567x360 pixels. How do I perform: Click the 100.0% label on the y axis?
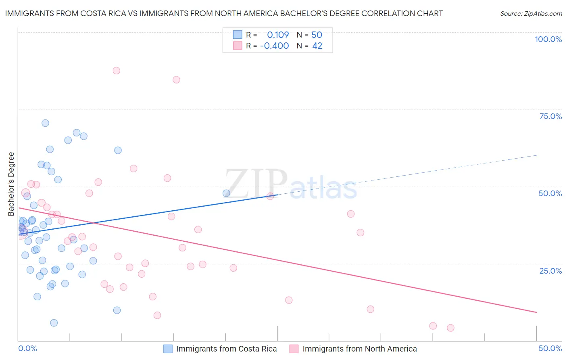548,39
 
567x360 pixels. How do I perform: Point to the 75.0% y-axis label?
550,116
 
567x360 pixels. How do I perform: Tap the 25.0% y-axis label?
550,271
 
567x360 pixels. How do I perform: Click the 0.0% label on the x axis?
27,349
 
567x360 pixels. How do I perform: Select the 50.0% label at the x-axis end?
550,349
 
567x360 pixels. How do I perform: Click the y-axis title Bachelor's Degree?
11,184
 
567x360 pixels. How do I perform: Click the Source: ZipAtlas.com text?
531,14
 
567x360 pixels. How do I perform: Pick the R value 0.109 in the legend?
278,35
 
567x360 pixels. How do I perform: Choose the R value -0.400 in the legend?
274,46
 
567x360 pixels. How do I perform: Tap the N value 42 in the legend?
317,46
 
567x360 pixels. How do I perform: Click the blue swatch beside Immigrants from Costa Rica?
168,349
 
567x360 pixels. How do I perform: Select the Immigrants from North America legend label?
359,349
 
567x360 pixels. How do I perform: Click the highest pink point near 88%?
117,71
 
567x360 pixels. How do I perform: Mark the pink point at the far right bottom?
450,328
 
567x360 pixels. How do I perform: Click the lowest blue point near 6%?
54,323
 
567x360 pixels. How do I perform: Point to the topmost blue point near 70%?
45,123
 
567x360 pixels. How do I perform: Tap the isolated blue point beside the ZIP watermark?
226,193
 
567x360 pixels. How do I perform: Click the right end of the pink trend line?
536,312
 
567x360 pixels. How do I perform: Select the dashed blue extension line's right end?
537,155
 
